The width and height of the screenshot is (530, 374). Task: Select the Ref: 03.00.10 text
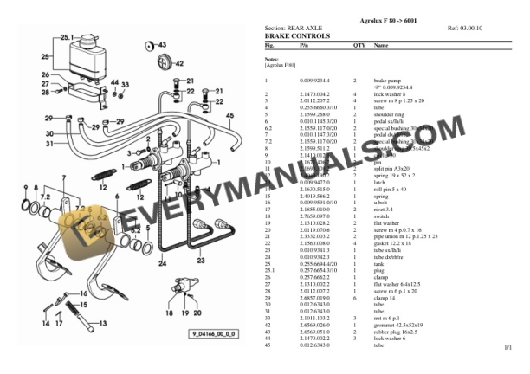465,29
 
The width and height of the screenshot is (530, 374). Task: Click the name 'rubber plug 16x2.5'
396,332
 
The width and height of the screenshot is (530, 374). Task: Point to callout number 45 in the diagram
229,113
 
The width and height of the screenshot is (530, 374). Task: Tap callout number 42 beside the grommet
179,63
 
